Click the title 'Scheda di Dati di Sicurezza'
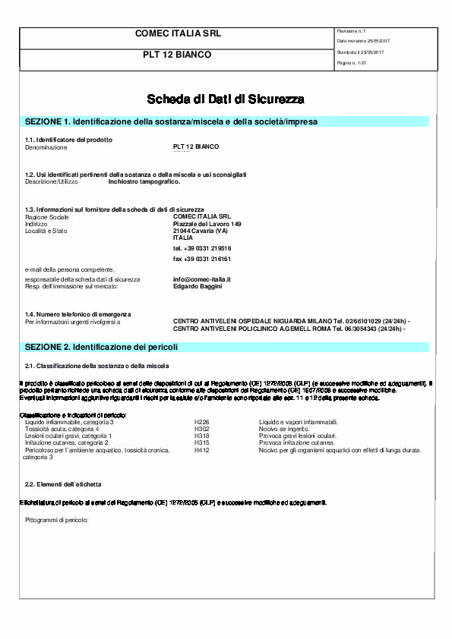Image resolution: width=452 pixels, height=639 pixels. coord(226,99)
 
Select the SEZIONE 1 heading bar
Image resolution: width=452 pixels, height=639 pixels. coord(226,121)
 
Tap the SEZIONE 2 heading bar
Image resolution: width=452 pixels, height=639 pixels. coord(226,347)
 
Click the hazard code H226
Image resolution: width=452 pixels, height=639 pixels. coord(201,422)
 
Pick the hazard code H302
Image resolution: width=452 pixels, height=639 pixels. coord(201,429)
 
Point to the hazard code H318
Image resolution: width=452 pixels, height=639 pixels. coord(201,436)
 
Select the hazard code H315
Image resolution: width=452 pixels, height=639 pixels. coord(201,442)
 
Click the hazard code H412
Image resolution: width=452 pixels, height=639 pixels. coord(201,450)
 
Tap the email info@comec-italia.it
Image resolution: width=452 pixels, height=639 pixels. coord(201,279)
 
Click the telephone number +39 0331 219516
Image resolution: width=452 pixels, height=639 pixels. coord(202,248)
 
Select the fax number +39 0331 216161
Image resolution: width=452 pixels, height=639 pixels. coord(202,259)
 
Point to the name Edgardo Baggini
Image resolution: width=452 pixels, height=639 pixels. coord(198,286)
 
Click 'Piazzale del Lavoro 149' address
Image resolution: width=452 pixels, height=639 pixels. coord(207,225)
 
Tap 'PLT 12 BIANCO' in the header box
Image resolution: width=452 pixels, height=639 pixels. coord(177,55)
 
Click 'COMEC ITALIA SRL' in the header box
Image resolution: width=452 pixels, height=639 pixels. coord(177,34)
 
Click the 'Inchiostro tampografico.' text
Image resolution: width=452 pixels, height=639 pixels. coord(144,182)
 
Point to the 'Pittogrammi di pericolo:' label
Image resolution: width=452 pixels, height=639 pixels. coord(57,520)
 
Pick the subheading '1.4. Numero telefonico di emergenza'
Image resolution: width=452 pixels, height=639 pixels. coord(78,314)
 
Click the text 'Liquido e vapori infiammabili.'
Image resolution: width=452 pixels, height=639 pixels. coord(298,422)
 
